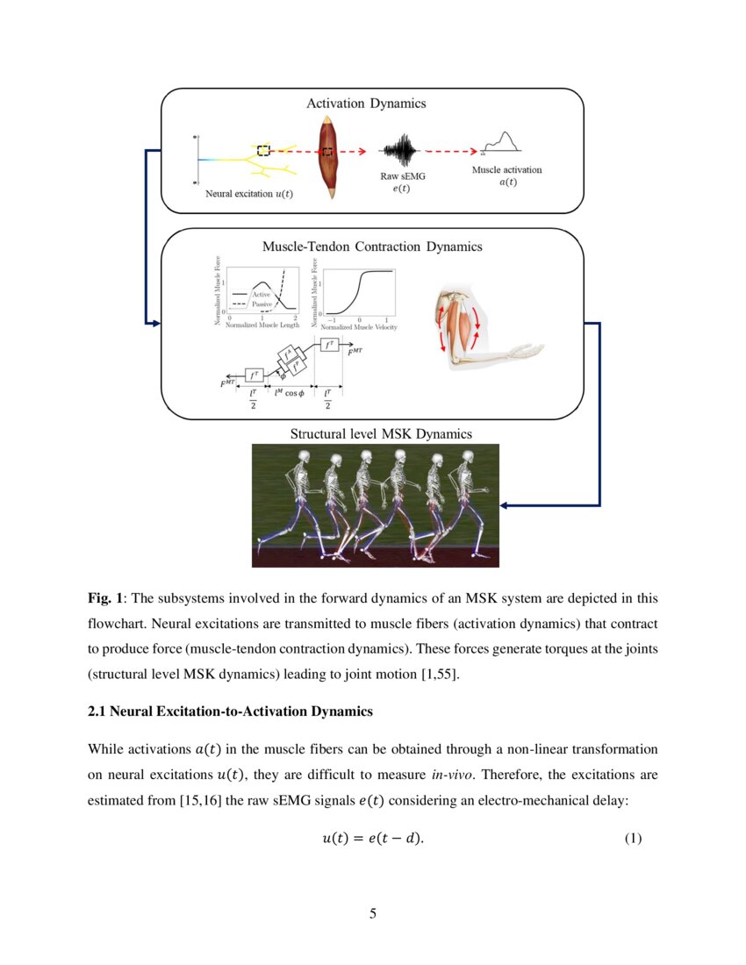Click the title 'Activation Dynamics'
point(366,104)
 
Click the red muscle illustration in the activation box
point(329,157)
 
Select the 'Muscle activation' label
point(506,169)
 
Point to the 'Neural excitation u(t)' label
point(249,194)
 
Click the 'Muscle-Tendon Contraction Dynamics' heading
point(372,247)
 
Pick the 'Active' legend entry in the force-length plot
point(261,295)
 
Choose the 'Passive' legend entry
point(262,304)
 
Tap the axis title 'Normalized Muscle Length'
point(262,325)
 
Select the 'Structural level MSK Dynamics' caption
point(381,433)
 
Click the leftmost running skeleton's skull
point(304,458)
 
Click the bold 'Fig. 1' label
point(105,598)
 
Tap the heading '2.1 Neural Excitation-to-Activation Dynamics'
point(230,712)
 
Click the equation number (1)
point(633,839)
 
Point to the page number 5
point(373,914)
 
